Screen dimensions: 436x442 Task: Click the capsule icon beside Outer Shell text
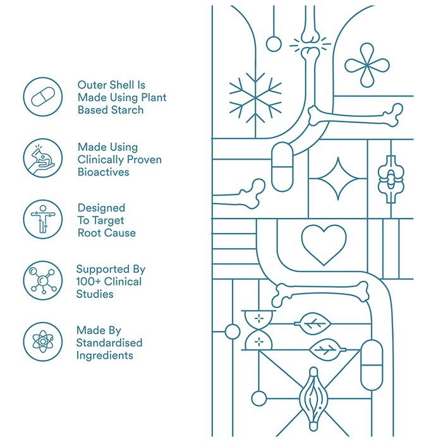43,97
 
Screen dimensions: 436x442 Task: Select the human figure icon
43,219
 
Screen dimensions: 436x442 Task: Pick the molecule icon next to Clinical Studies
43,280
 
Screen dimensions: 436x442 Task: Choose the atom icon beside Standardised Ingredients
43,342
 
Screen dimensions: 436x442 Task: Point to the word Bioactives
103,172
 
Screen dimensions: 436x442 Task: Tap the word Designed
101,208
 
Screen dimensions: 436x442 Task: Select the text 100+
88,282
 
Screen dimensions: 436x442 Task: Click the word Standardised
109,343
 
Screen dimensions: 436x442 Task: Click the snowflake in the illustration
255,98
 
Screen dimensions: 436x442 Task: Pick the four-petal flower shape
367,65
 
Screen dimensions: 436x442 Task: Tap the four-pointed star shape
338,179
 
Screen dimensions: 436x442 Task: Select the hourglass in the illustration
258,330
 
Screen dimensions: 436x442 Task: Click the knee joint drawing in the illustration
391,179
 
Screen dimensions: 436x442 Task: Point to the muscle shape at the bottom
313,399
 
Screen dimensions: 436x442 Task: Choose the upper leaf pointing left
313,323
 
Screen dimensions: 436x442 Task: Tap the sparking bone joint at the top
310,44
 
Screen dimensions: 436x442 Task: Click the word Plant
154,97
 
